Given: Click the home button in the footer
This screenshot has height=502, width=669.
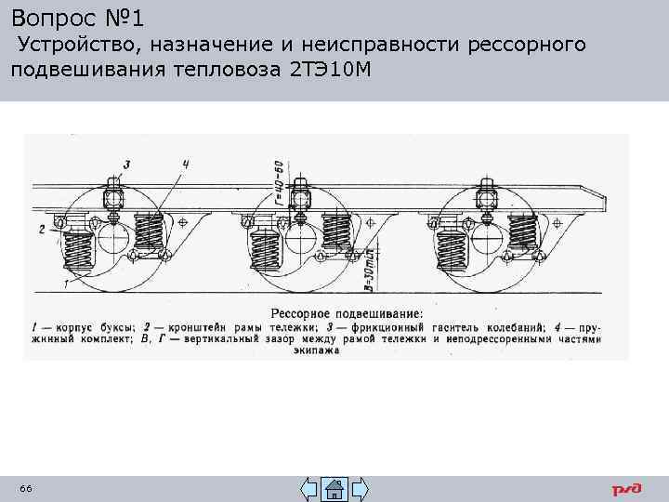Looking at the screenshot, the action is (334, 489).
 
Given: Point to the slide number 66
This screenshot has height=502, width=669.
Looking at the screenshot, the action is (25, 489).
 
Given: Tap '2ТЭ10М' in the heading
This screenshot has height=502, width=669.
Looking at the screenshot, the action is (331, 69).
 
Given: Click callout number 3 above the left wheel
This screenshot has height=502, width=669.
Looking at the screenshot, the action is (126, 165).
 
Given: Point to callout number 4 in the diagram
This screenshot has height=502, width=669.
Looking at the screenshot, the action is (186, 165).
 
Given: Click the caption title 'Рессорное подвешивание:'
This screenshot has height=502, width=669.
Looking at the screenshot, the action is (347, 313).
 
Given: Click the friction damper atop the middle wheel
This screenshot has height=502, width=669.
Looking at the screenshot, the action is (299, 198).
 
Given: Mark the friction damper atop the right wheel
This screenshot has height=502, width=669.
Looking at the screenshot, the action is (486, 198).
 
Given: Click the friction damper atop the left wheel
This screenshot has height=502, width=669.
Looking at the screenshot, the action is (113, 198).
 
